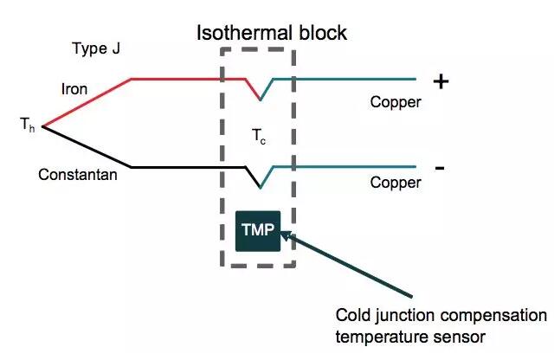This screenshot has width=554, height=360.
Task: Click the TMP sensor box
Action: [x=258, y=230]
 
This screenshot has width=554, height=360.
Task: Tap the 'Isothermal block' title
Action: [x=270, y=34]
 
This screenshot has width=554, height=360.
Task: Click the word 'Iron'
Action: [x=74, y=89]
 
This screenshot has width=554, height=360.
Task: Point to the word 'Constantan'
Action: [x=77, y=174]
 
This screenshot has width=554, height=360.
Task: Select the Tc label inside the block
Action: [x=259, y=136]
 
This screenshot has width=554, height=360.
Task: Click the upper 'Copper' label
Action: [x=396, y=102]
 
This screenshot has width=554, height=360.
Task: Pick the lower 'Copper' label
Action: [x=396, y=183]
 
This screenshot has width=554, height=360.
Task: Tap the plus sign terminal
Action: [x=441, y=82]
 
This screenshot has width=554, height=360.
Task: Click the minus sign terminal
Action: [x=440, y=167]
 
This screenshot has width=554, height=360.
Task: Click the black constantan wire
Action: [x=182, y=166]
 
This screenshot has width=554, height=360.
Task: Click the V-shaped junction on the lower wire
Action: [x=260, y=184]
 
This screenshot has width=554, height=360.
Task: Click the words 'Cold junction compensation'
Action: [x=441, y=313]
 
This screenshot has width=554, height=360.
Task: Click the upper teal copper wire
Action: [x=346, y=79]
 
